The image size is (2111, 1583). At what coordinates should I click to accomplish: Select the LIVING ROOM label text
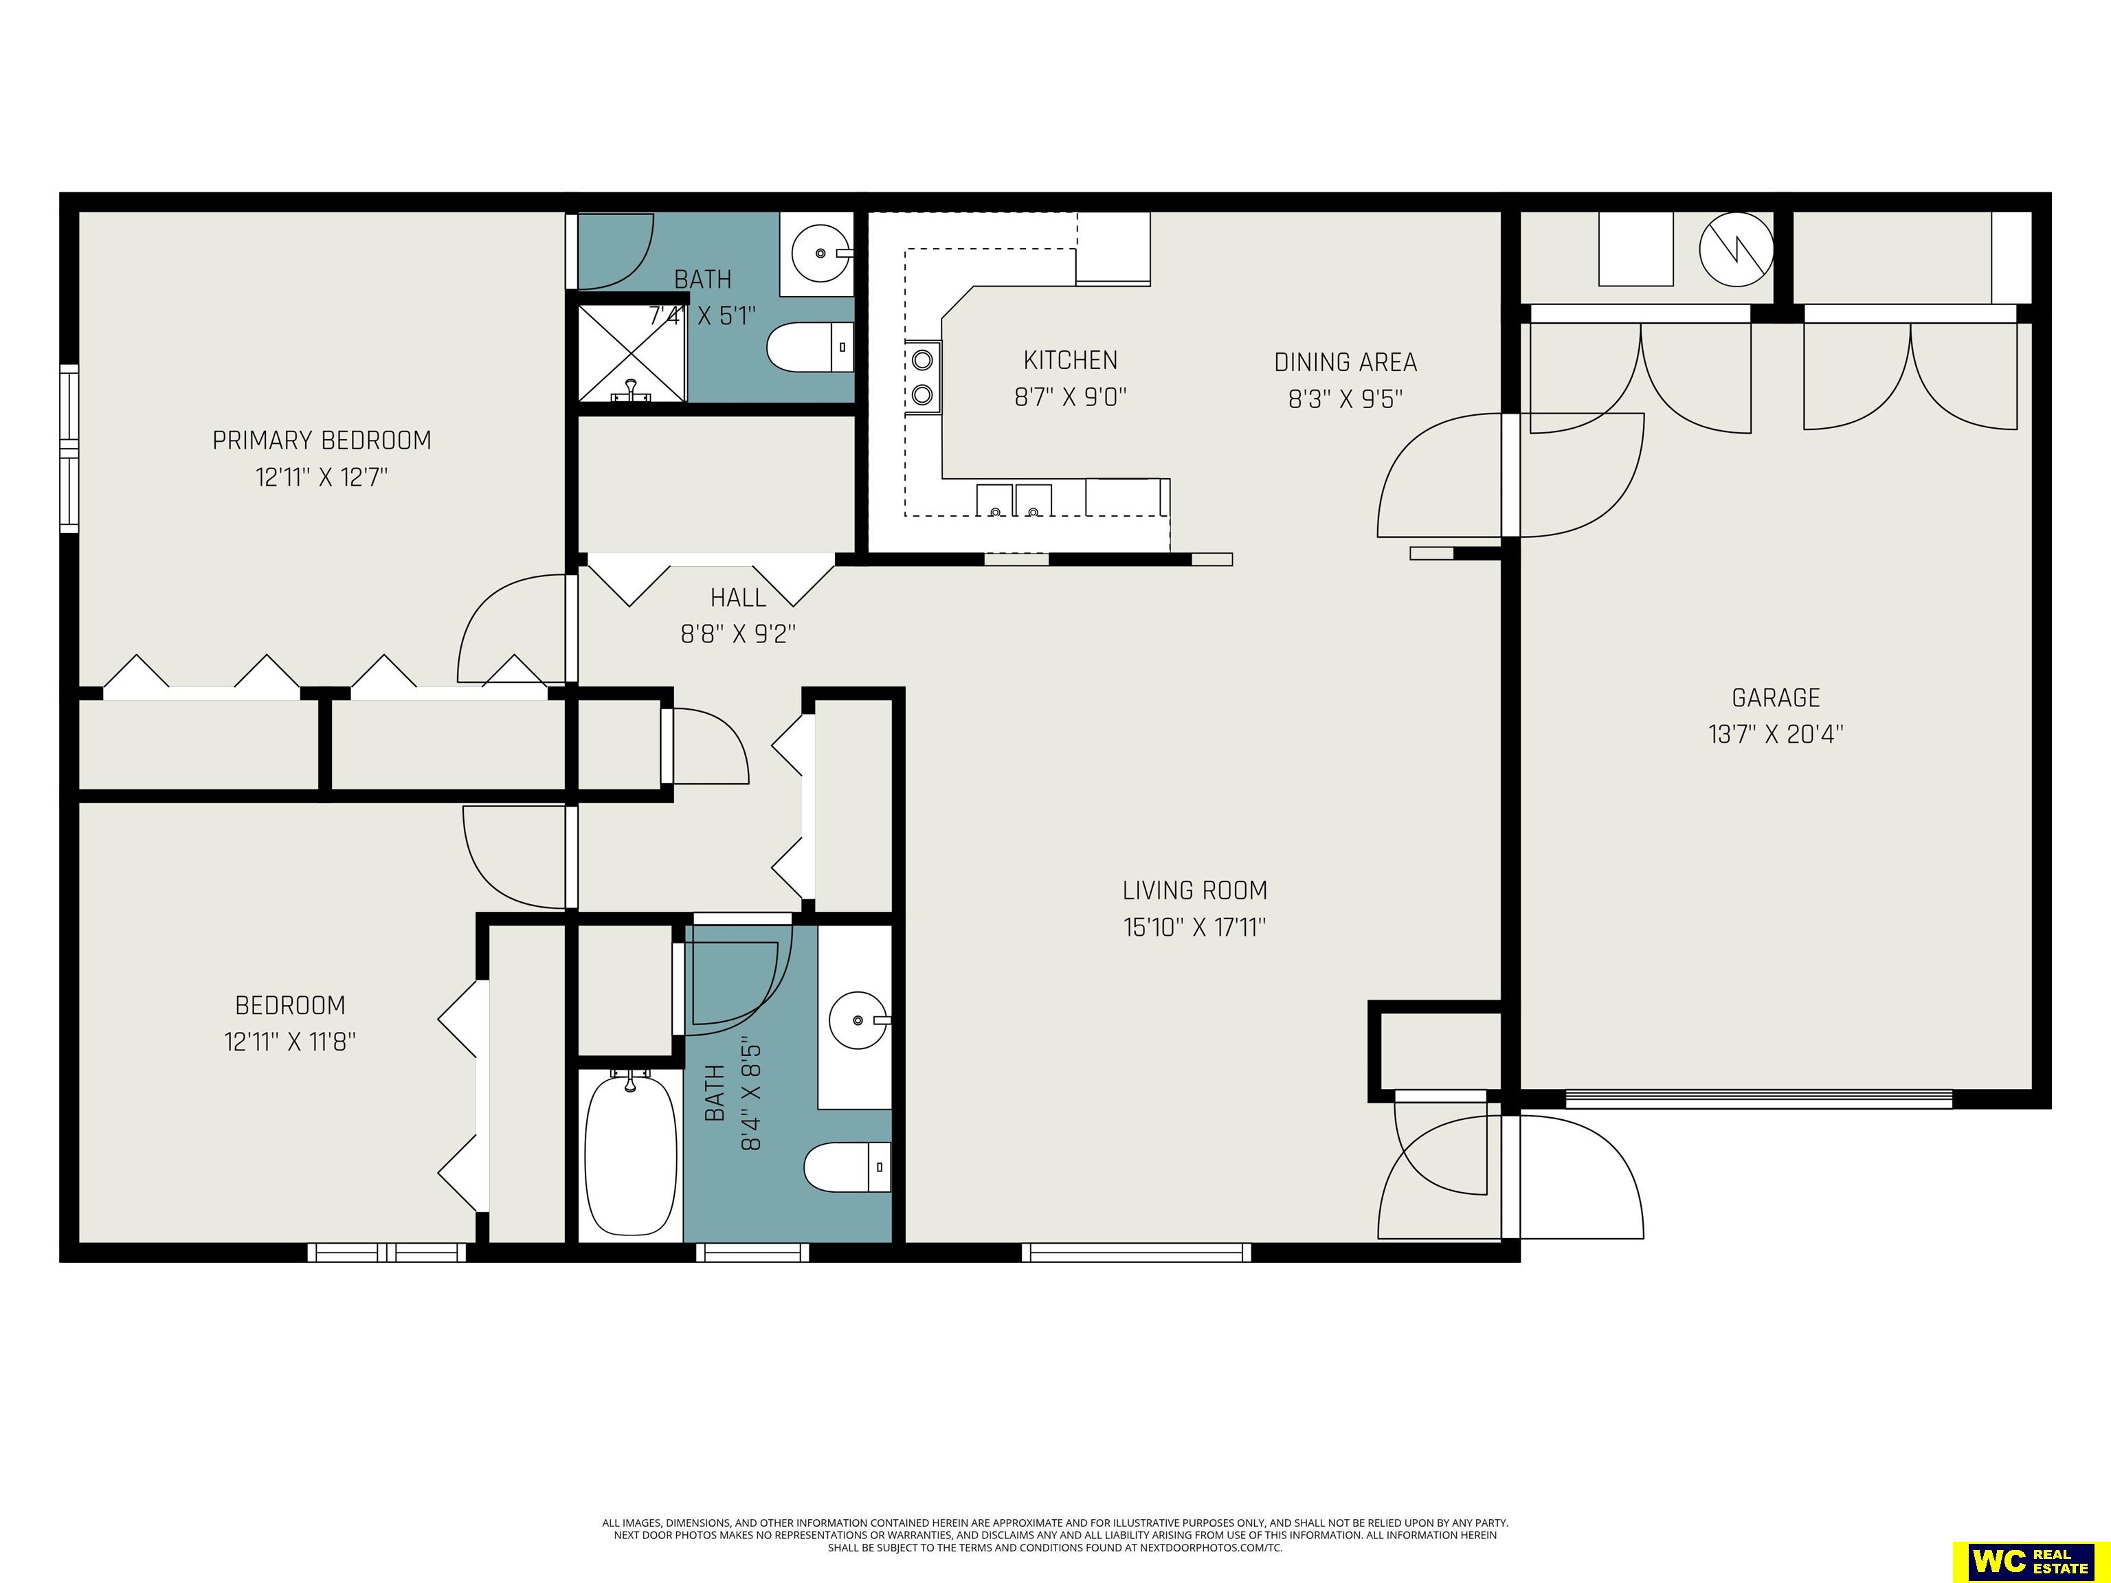click(1195, 890)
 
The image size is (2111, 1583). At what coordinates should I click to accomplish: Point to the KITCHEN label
click(1070, 360)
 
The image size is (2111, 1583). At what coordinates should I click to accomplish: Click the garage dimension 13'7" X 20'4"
click(1776, 734)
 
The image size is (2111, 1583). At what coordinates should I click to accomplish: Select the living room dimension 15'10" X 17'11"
click(1195, 927)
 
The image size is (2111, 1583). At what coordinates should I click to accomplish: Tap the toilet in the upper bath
click(810, 348)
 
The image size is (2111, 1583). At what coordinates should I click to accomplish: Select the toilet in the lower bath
click(847, 1167)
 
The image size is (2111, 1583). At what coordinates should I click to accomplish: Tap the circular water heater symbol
click(1736, 249)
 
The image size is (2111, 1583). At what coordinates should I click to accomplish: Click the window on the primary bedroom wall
click(69, 449)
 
